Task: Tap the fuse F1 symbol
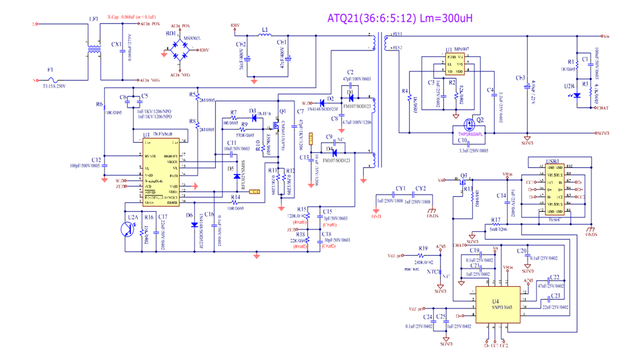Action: [51, 80]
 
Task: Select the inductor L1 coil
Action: [265, 36]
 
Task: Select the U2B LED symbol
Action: [577, 95]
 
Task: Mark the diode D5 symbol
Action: [236, 176]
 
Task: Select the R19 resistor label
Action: [423, 249]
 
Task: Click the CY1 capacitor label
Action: [400, 189]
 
